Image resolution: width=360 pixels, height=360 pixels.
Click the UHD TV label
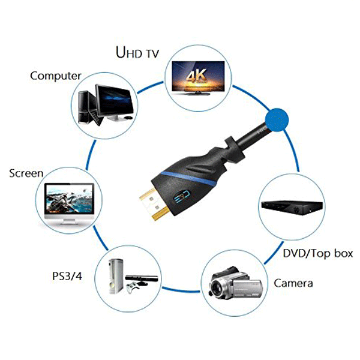point(137,52)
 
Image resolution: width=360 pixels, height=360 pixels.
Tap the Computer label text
point(56,76)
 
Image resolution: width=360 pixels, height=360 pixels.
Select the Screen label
point(26,173)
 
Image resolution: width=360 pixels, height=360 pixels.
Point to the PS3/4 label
point(67,276)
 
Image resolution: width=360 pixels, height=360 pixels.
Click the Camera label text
point(293,283)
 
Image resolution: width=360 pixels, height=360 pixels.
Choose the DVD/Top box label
point(318,253)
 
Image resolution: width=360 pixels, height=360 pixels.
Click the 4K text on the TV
point(196,76)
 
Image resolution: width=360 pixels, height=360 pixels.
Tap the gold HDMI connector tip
point(154,204)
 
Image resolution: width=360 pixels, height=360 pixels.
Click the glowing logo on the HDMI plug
point(181,196)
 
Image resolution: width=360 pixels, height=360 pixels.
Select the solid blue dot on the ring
point(277,120)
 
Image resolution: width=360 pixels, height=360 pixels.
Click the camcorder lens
point(217,287)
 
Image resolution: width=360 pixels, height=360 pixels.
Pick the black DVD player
point(292,207)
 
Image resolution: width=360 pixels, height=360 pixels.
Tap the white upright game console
point(116,276)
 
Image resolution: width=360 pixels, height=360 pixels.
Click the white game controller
point(132,287)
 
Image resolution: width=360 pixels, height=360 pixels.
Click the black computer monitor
point(115,103)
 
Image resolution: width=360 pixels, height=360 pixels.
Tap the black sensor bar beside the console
point(142,278)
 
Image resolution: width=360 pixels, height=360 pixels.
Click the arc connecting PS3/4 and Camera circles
point(181,290)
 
